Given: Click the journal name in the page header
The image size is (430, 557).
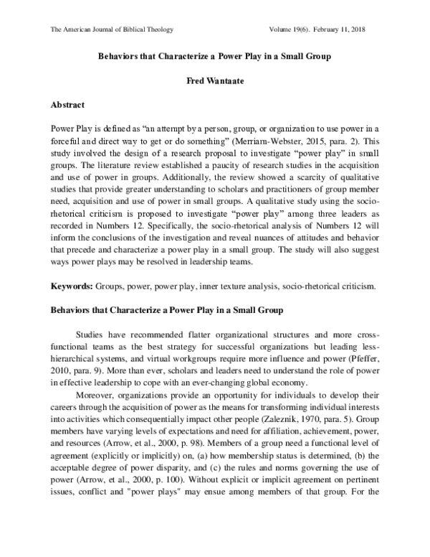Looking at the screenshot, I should [113, 29].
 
